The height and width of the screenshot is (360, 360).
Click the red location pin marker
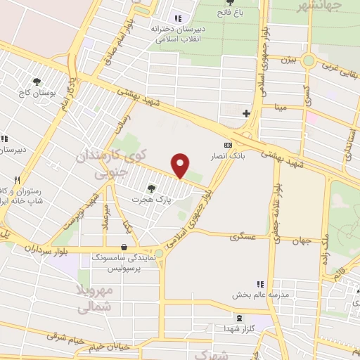coord(181,165)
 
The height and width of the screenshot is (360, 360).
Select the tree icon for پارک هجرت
coord(150,188)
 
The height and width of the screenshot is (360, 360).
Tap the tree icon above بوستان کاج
coord(37,82)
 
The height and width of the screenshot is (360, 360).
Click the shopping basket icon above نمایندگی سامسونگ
coord(124,247)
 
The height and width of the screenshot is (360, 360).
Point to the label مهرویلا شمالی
coord(93,298)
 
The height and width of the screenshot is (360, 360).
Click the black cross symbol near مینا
coord(245,112)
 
